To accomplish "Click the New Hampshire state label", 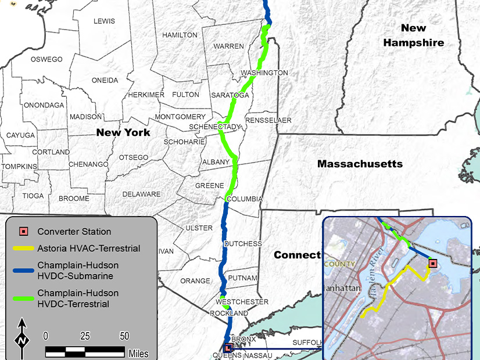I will [x=414, y=35].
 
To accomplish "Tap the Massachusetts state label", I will [x=360, y=164].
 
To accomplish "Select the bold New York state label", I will [x=123, y=132].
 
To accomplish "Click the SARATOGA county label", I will [x=230, y=95].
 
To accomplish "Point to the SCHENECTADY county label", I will [x=215, y=127].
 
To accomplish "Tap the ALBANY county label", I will [x=216, y=161].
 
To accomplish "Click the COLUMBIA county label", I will [x=245, y=199].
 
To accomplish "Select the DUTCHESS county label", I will [x=243, y=244].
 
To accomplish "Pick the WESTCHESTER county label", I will [x=242, y=302].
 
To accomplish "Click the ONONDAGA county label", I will [x=43, y=105].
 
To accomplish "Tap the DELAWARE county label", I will [x=141, y=194].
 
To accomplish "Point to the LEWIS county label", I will [x=105, y=21].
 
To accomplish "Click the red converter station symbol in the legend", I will [x=23, y=231].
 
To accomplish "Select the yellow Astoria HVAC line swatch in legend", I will [x=23, y=249].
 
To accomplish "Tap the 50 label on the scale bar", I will [x=124, y=336].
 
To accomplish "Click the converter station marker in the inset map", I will [x=432, y=264].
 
